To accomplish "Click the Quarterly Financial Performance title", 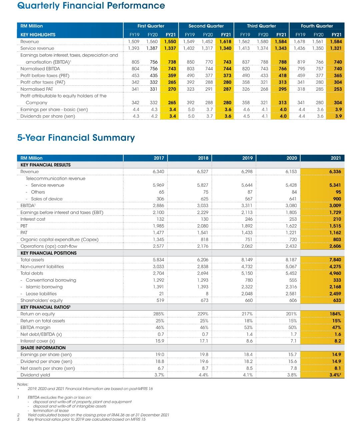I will pyautogui.click(x=91, y=6).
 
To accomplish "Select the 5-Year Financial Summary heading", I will pyautogui.click(x=76, y=138).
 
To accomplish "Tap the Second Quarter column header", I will pyautogui.click(x=206, y=26).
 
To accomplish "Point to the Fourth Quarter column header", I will pyautogui.click(x=317, y=26).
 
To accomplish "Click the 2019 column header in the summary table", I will pyautogui.click(x=247, y=158).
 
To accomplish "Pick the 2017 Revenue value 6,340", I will pyautogui.click(x=158, y=172).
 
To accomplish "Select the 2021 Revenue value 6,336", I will pyautogui.click(x=335, y=172).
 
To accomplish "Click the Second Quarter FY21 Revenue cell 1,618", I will pyautogui.click(x=225, y=42).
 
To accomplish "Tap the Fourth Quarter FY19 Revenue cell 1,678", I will pyautogui.click(x=299, y=42).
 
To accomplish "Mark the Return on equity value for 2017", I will pyautogui.click(x=158, y=314).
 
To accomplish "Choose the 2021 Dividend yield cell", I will pyautogui.click(x=335, y=375).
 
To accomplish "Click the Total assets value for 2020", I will pyautogui.click(x=291, y=260).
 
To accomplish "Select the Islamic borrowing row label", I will pyautogui.click(x=44, y=287).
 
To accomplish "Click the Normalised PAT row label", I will pyautogui.click(x=37, y=89).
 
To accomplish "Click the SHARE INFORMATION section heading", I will pyautogui.click(x=43, y=348).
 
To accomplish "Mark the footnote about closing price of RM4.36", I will pyautogui.click(x=98, y=415).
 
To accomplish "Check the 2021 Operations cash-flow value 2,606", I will pyautogui.click(x=335, y=246).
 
